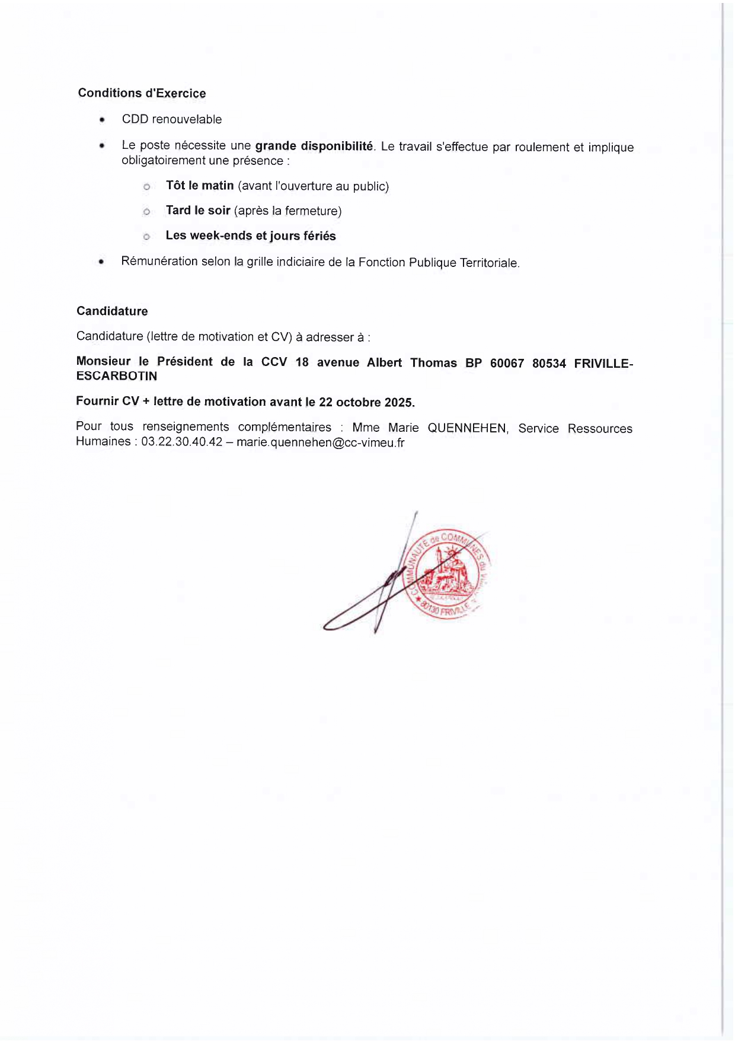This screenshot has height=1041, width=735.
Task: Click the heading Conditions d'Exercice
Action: tap(142, 93)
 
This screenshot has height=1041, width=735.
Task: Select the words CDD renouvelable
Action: tap(172, 119)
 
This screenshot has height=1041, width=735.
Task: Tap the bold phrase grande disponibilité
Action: tap(314, 146)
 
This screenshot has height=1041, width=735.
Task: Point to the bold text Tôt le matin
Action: tap(200, 186)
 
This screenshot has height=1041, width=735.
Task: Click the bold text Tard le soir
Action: tap(198, 211)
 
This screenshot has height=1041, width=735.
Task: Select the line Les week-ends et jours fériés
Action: tap(251, 235)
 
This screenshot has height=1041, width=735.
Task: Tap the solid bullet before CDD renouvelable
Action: tap(103, 120)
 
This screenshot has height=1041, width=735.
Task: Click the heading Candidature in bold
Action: tap(112, 311)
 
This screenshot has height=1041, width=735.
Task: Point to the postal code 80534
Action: tap(549, 363)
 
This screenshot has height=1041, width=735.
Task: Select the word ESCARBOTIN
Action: tap(117, 376)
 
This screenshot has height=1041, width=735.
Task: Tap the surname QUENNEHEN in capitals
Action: tap(467, 428)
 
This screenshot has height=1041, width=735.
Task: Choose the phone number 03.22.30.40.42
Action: tap(181, 442)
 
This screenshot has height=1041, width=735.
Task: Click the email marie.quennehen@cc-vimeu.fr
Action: tap(320, 442)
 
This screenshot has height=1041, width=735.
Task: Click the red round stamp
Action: tap(448, 573)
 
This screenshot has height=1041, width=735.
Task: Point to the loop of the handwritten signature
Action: tap(344, 620)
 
